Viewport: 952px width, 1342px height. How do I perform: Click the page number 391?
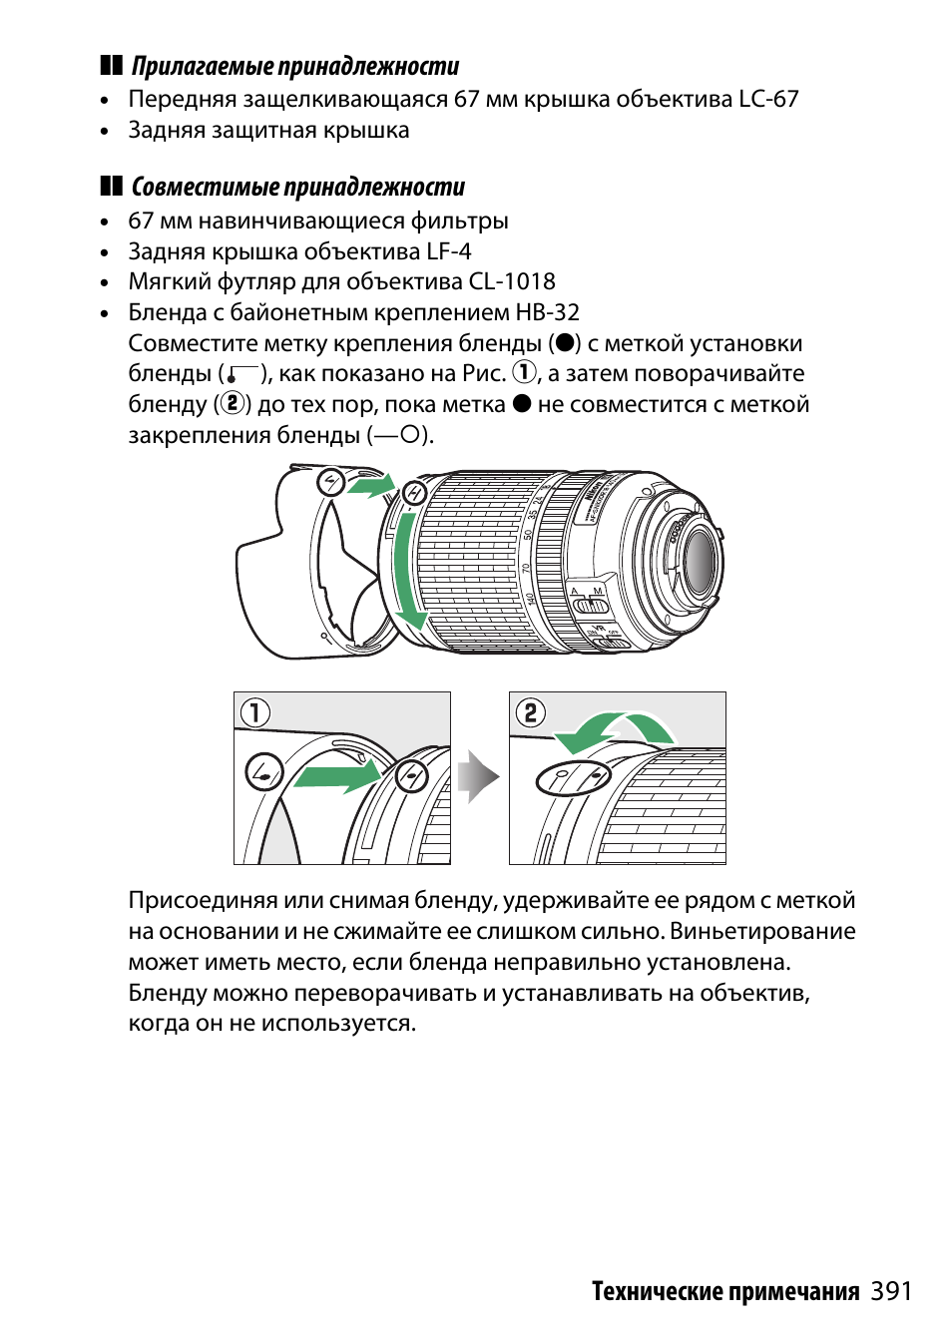tap(890, 1291)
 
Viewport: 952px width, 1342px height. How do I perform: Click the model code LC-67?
tap(768, 100)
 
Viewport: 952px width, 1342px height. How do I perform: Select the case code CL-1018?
tap(512, 282)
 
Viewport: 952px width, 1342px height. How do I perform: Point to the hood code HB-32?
tap(547, 313)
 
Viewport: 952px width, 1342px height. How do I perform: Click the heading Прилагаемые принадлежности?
tap(295, 67)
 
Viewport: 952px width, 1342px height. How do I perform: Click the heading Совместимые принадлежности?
tap(298, 188)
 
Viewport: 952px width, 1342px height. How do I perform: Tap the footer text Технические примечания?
tap(724, 1292)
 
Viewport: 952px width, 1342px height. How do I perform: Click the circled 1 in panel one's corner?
tap(255, 712)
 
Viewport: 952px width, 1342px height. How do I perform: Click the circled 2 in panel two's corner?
tap(531, 712)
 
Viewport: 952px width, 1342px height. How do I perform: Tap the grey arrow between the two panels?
tap(479, 776)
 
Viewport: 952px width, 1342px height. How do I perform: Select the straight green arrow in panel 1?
tap(338, 775)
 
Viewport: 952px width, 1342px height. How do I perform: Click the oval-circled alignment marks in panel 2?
tap(573, 777)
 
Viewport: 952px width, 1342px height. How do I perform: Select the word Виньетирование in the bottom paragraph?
tap(762, 932)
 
